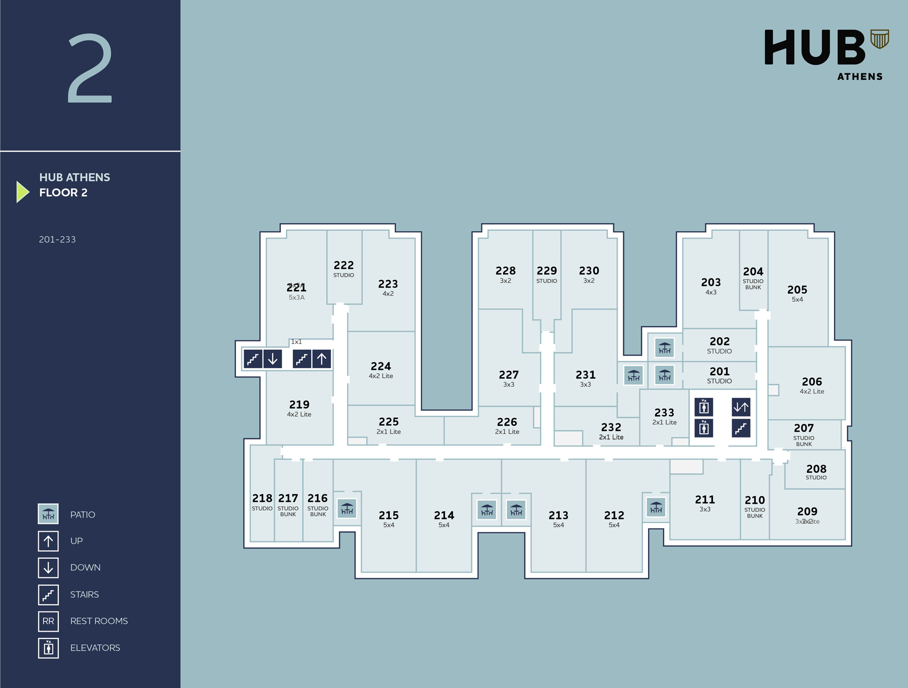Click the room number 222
(x=343, y=265)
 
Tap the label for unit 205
(x=797, y=290)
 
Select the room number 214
(x=444, y=515)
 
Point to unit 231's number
(x=585, y=375)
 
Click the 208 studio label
(x=816, y=469)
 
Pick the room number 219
(x=299, y=405)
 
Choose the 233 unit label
(x=664, y=413)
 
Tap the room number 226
(x=506, y=422)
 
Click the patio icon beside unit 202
(x=664, y=348)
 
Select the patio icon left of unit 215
(x=347, y=509)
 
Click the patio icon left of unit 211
(x=656, y=507)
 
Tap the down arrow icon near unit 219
(x=273, y=359)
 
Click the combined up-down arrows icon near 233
(x=740, y=407)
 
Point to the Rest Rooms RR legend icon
(x=48, y=621)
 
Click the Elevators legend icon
(x=48, y=648)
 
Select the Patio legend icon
(x=48, y=514)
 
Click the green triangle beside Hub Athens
(x=22, y=192)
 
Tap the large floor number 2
(x=90, y=68)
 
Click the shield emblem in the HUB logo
(x=879, y=39)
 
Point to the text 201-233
(x=57, y=240)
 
